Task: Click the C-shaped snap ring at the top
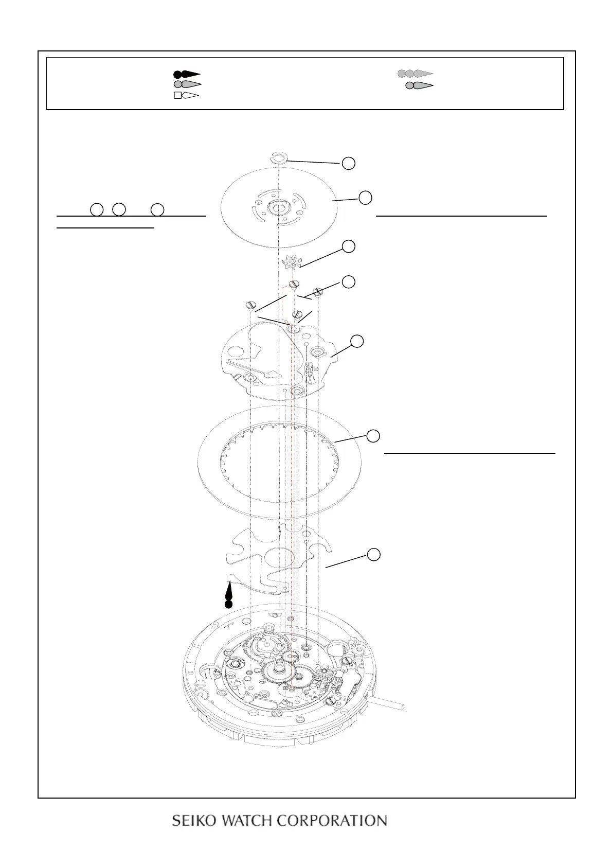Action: (278, 158)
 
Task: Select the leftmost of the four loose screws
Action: (250, 305)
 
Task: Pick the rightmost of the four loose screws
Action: (318, 292)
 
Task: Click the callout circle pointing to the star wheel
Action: (349, 246)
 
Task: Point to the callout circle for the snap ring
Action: (349, 163)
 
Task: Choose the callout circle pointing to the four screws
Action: (349, 281)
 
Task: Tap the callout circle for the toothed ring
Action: (374, 436)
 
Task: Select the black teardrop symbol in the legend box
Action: (187, 74)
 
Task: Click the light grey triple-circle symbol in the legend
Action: (415, 74)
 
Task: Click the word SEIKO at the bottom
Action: (191, 820)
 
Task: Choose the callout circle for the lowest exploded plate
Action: (374, 554)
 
